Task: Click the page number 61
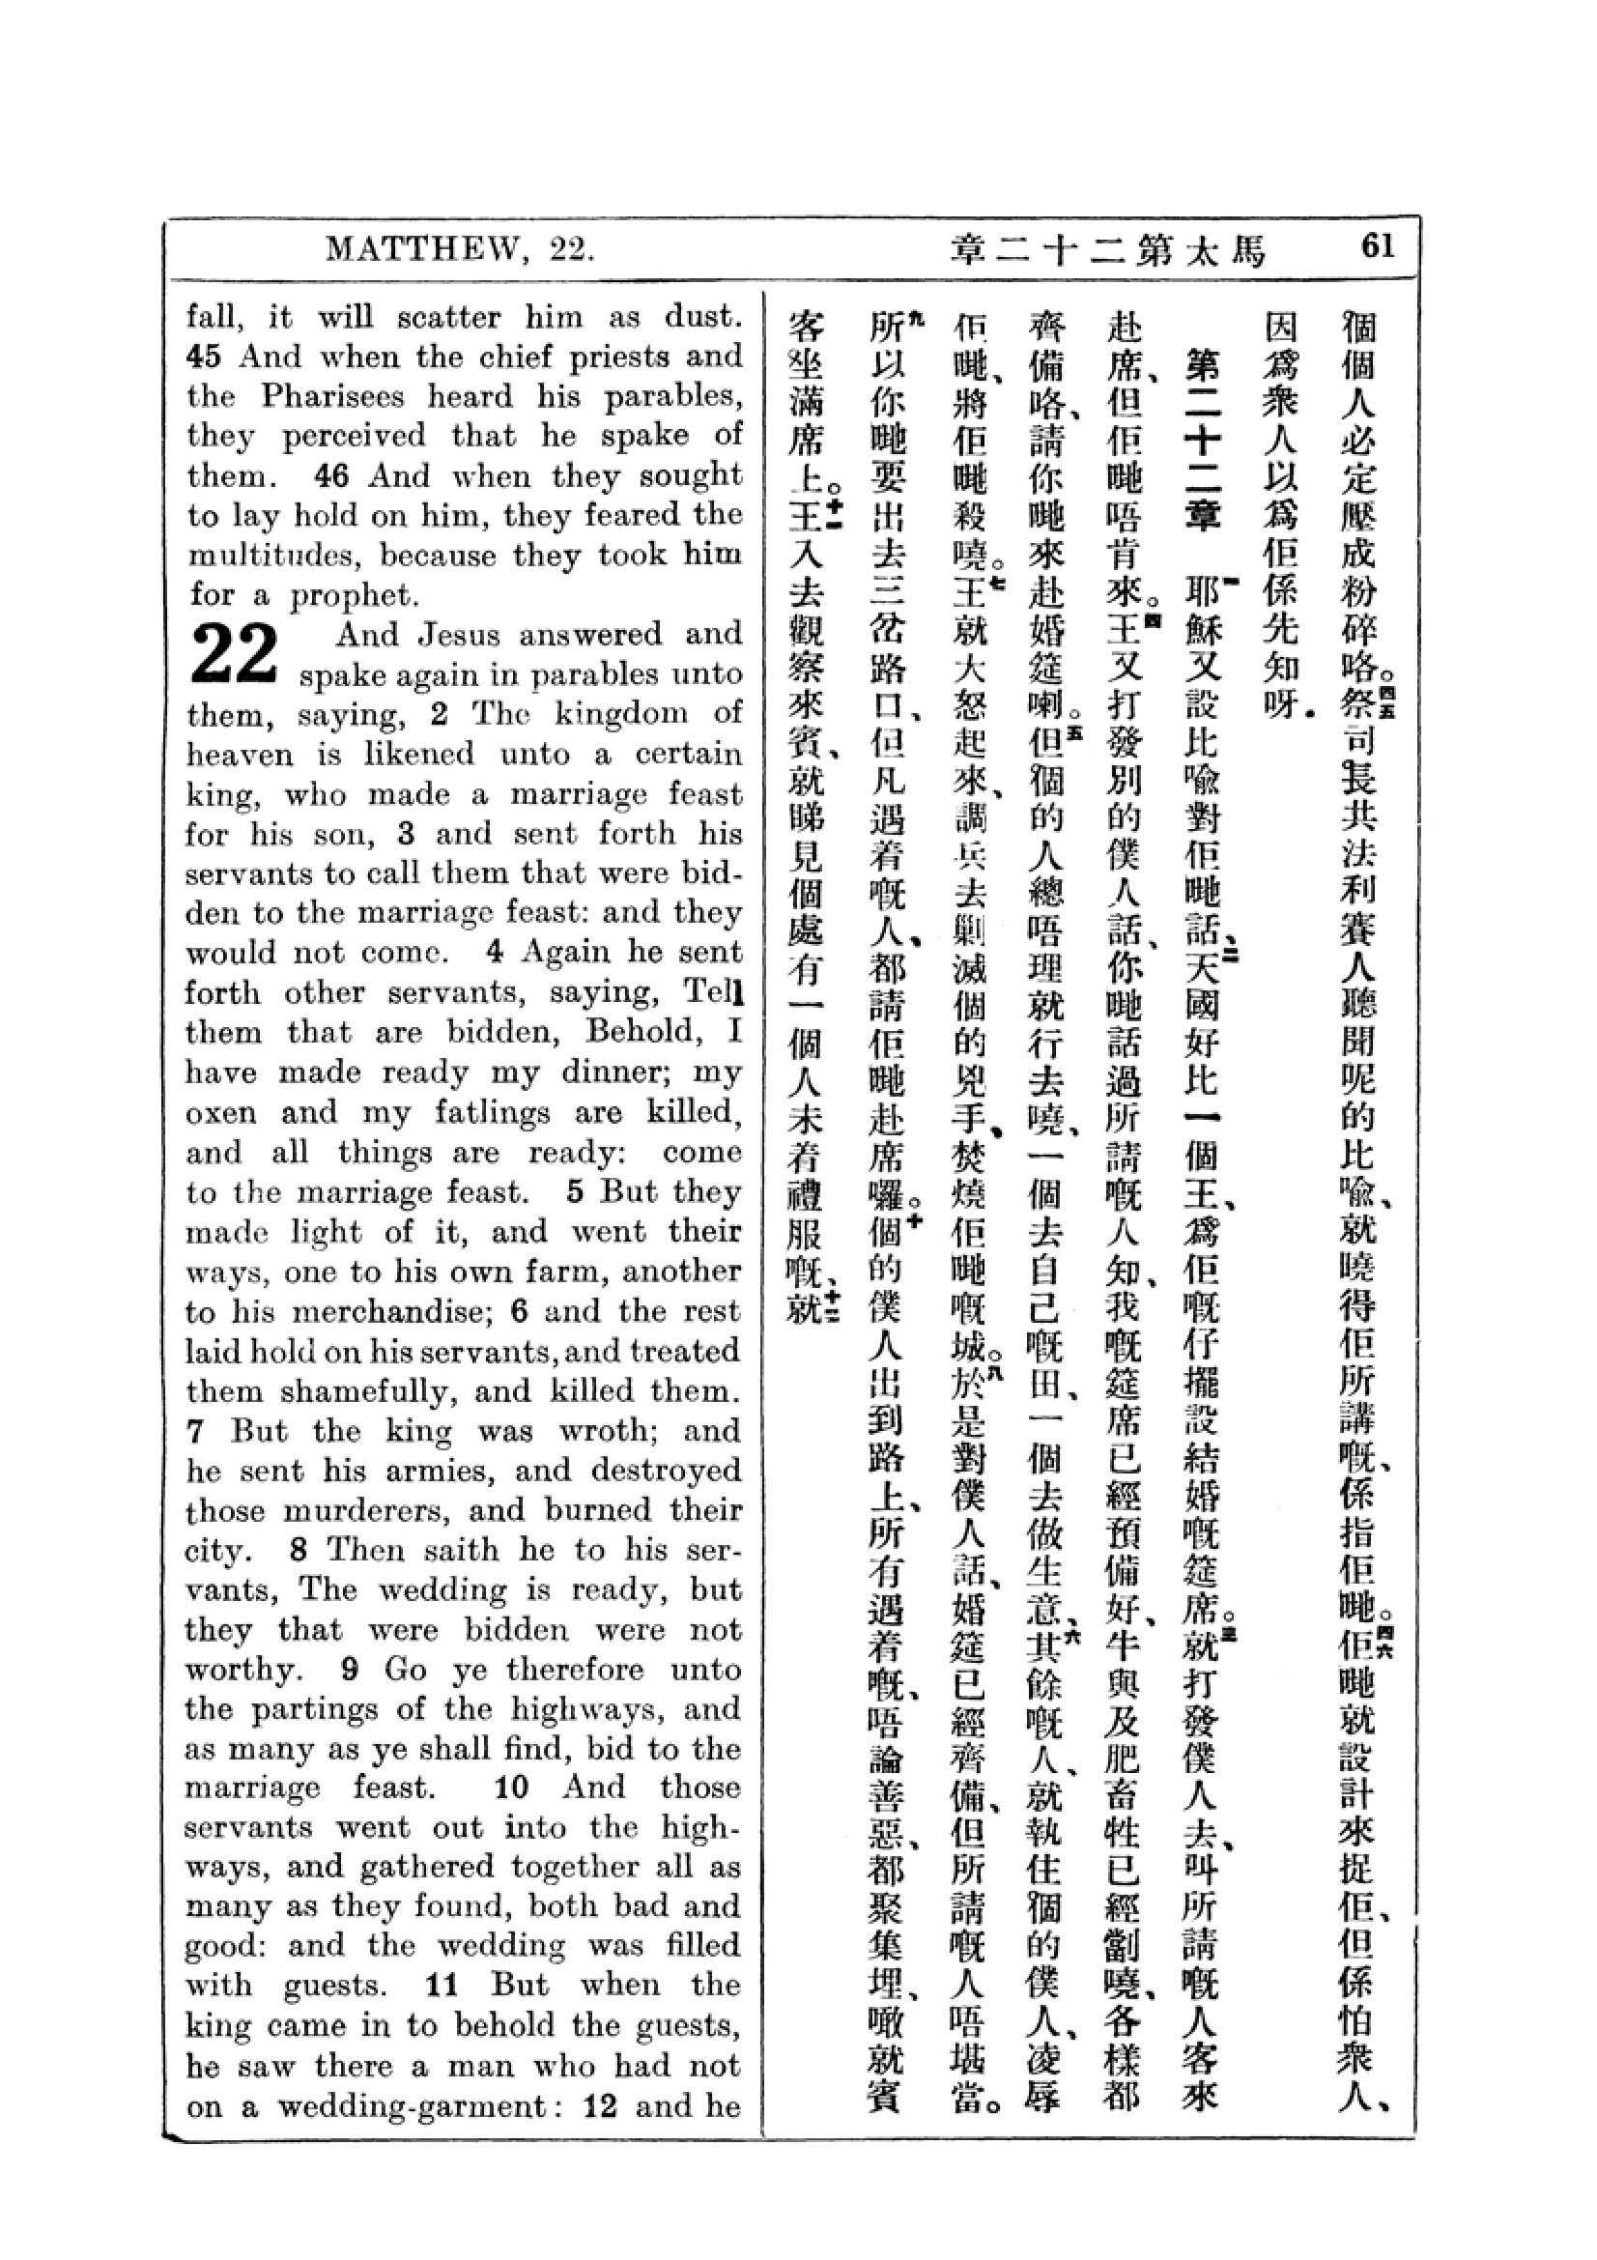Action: pos(1377,245)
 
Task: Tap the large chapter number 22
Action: pos(234,654)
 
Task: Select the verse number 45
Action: pos(204,357)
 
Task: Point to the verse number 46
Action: pos(331,476)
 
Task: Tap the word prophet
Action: pos(353,596)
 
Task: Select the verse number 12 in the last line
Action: pos(599,2106)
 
